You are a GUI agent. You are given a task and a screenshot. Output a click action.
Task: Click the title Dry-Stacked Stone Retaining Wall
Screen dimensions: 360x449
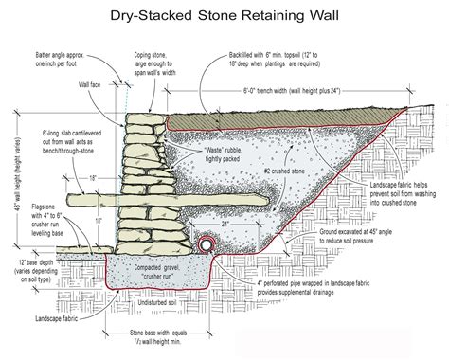[x=224, y=14]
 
